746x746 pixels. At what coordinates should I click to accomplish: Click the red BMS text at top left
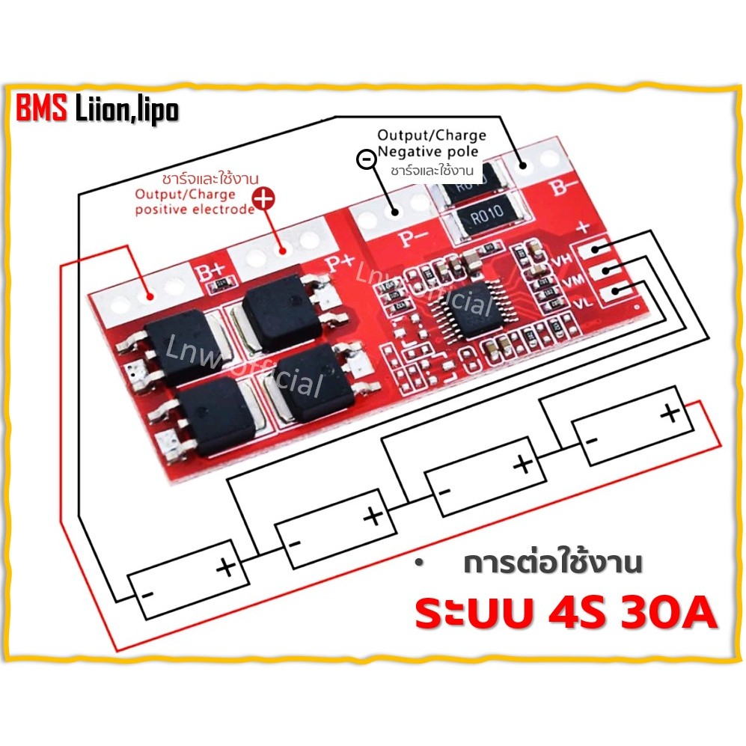pyautogui.click(x=42, y=111)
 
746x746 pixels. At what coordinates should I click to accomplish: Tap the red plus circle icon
pyautogui.click(x=263, y=198)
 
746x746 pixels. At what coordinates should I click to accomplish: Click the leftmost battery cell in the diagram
pyautogui.click(x=188, y=581)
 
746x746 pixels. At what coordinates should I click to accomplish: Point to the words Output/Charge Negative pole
pyautogui.click(x=431, y=144)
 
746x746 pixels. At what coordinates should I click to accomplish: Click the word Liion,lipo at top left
pyautogui.click(x=127, y=111)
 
